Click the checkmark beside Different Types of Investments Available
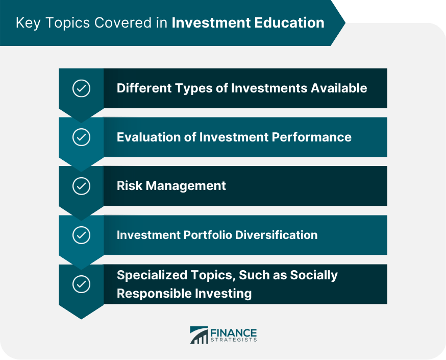pyautogui.click(x=81, y=88)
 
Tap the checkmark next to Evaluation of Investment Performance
pyautogui.click(x=81, y=137)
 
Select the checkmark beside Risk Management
pyautogui.click(x=81, y=186)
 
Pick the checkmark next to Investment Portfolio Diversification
pyautogui.click(x=81, y=235)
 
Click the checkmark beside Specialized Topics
pyautogui.click(x=81, y=284)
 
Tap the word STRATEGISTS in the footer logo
pyautogui.click(x=234, y=340)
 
